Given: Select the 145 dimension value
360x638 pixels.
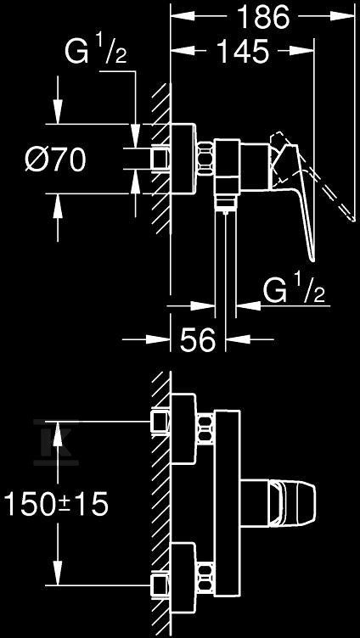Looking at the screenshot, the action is point(243,51).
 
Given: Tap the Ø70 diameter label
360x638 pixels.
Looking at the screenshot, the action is point(55,159).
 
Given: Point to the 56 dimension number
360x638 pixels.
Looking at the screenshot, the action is point(198,339).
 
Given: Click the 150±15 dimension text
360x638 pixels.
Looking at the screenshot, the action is point(56,503).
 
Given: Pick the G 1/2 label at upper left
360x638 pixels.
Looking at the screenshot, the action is point(95,52).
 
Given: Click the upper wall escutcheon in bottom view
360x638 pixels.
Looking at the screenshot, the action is point(183,428).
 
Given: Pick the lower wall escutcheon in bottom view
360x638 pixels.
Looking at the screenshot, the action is point(183,578).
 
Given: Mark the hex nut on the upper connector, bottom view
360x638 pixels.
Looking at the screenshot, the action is point(205,429).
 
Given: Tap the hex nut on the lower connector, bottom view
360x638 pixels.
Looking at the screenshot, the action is point(205,578).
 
